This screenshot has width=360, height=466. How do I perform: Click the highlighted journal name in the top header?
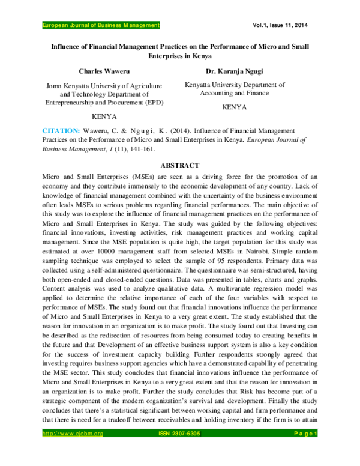(101, 25)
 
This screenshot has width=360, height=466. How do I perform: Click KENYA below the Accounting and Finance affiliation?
(235, 107)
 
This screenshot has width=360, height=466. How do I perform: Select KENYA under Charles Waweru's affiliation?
(103, 116)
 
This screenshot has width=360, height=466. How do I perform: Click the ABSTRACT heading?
(180, 165)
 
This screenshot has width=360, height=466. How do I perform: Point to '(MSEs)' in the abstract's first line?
(135, 177)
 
